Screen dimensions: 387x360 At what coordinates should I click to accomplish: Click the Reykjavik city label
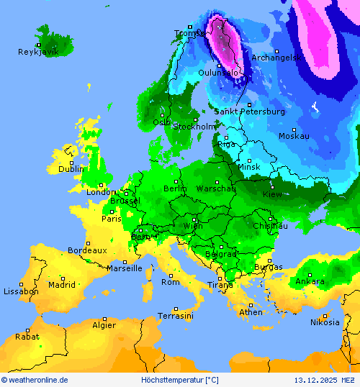point(38,52)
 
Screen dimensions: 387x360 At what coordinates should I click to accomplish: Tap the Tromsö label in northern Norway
point(189,33)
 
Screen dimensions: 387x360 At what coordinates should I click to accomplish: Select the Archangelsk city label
point(274,58)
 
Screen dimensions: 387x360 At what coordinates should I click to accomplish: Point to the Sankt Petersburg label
point(249,111)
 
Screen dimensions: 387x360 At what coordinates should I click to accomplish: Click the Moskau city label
point(294,136)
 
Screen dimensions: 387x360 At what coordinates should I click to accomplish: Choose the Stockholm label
point(194,127)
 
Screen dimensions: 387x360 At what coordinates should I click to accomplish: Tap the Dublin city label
point(71,169)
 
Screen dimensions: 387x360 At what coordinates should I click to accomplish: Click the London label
point(101,192)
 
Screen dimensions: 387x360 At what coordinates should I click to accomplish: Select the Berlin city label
point(175,188)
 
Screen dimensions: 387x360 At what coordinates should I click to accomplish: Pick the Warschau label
point(216,188)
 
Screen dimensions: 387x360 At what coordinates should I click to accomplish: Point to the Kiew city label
point(273,194)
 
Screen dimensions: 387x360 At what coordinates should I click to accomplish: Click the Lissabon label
point(21,291)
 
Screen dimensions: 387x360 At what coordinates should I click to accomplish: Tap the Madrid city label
point(62,285)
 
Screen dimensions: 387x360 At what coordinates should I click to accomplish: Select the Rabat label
point(27,336)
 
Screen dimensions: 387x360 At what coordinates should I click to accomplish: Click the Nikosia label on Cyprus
point(325,322)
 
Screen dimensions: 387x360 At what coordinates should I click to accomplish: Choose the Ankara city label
point(310,281)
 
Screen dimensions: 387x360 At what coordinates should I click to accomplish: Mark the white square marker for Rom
point(171,275)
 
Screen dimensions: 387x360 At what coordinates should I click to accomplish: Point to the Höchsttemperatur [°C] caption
point(179,380)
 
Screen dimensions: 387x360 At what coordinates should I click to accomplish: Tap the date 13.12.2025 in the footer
point(316,380)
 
